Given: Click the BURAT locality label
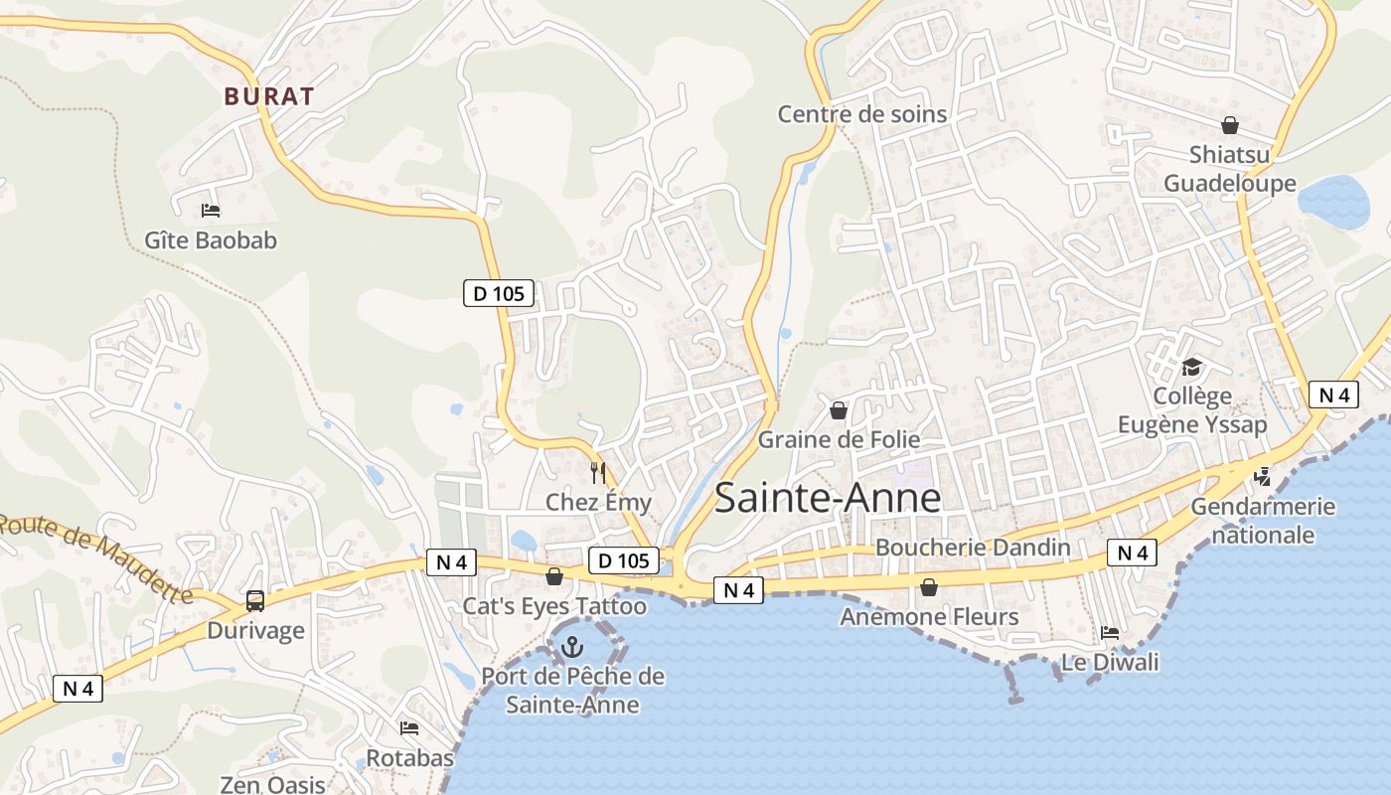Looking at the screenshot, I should (269, 96).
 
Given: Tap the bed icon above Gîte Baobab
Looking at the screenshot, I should (210, 210).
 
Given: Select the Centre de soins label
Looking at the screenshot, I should (861, 114).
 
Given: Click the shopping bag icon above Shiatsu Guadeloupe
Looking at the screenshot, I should (1229, 125).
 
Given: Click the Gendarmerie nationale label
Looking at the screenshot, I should (1263, 521).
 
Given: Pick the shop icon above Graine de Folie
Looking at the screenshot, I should (839, 410).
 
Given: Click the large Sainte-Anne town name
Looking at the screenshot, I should (827, 498).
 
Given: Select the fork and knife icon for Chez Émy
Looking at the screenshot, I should (598, 473).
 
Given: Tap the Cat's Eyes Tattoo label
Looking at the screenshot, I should (554, 606).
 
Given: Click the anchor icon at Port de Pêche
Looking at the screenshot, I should (571, 648).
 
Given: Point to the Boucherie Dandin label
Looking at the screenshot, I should (972, 548).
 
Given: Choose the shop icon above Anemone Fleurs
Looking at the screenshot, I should (929, 587).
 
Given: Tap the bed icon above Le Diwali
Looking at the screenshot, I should (1110, 633).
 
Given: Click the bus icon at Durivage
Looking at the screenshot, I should (254, 600).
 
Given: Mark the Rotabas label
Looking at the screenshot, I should (409, 758).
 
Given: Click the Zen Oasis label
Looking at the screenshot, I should (272, 785).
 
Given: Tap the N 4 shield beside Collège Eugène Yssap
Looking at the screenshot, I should (1332, 395).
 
